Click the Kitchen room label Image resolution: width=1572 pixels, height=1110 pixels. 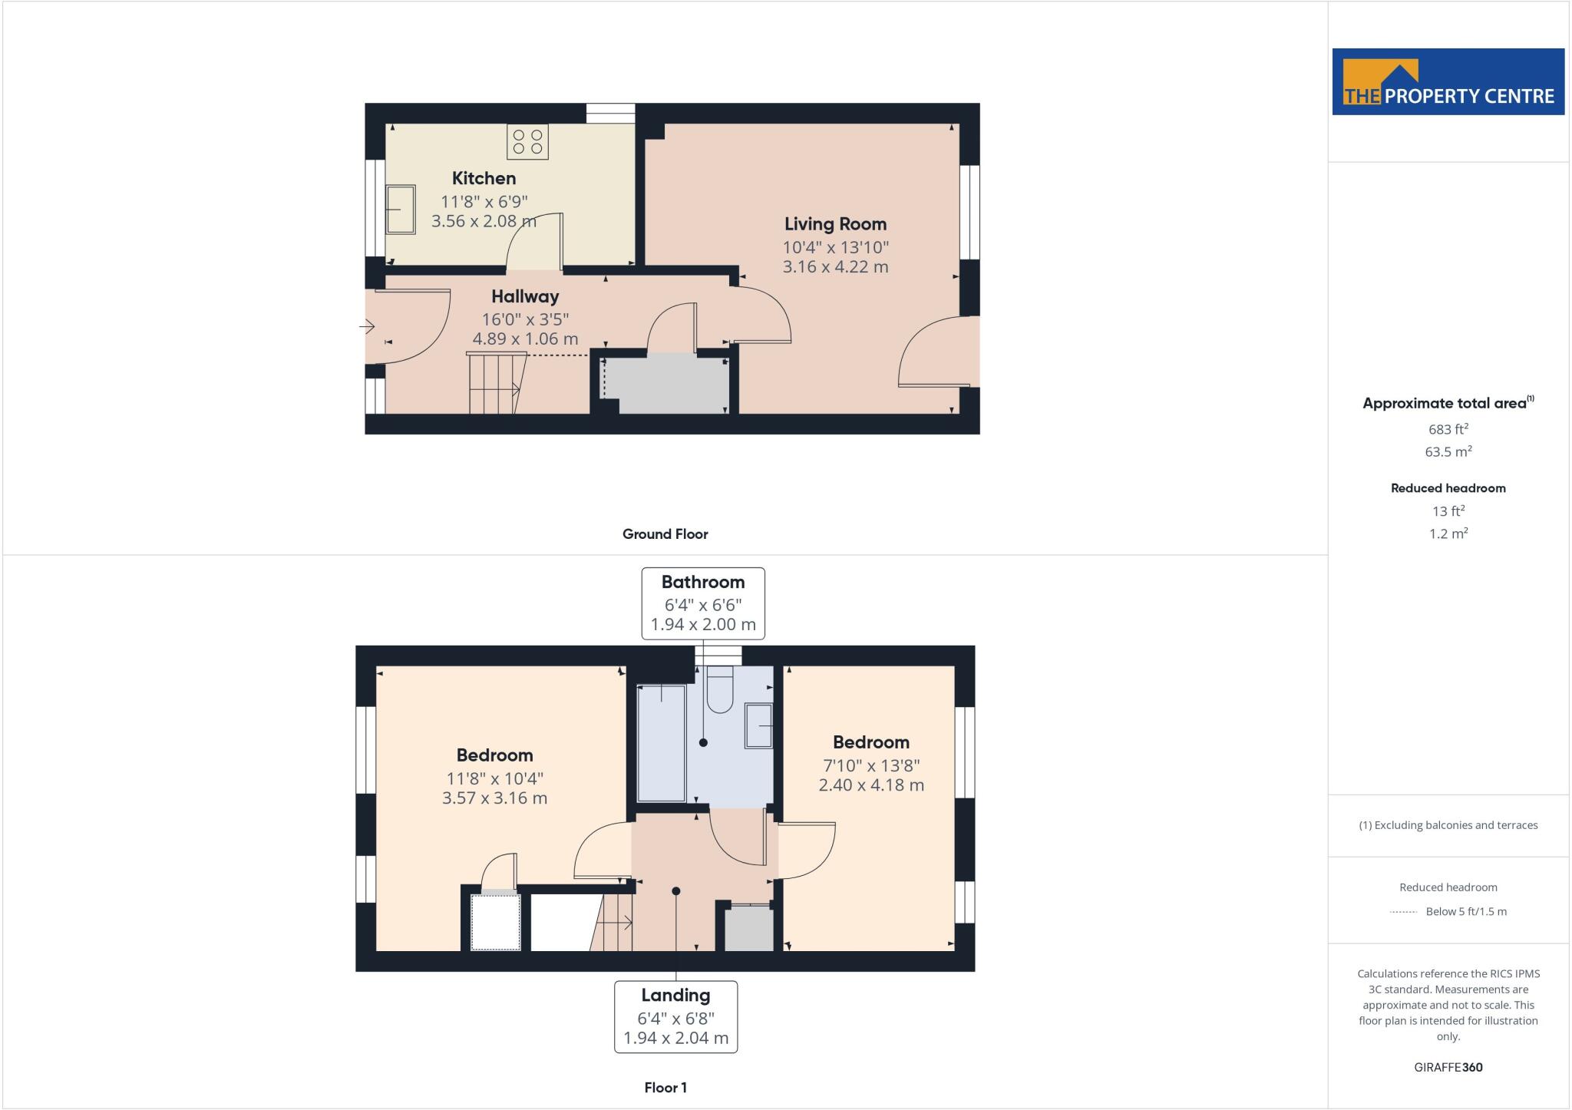click(x=484, y=178)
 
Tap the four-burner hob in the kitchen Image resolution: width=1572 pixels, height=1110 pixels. click(x=527, y=142)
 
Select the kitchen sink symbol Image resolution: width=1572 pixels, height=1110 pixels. click(x=400, y=209)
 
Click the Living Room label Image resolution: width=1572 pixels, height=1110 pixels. click(x=835, y=224)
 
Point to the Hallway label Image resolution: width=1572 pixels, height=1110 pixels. click(x=525, y=296)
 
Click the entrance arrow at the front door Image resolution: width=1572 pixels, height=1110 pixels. click(x=367, y=327)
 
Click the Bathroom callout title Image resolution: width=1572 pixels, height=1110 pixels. click(x=703, y=582)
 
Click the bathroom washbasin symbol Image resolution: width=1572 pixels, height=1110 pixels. click(x=758, y=726)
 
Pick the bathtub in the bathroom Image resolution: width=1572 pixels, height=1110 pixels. click(x=662, y=743)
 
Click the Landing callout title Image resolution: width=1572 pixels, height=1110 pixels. click(x=675, y=996)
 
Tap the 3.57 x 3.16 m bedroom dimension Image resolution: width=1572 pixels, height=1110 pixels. click(x=494, y=798)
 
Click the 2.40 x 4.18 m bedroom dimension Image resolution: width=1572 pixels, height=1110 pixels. click(x=871, y=785)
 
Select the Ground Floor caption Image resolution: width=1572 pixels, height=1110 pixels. click(x=665, y=534)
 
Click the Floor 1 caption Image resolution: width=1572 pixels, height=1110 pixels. click(x=665, y=1088)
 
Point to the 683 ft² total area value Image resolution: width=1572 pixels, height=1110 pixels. click(x=1448, y=429)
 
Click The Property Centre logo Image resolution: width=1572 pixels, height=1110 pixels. click(x=1448, y=82)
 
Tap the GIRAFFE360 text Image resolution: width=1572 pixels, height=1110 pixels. click(x=1448, y=1067)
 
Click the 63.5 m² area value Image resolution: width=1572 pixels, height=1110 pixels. click(x=1448, y=451)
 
